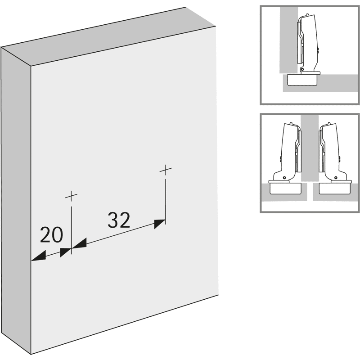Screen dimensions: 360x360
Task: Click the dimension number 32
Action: pos(119,220)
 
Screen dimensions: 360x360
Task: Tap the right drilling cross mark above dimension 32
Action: pos(166,170)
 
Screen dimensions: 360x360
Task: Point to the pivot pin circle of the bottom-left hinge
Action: pos(285,178)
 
